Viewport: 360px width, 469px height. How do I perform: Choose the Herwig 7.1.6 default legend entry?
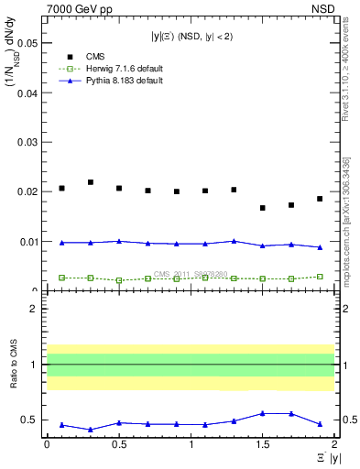tap(111, 69)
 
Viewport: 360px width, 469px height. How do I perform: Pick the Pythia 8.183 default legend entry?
tap(109, 82)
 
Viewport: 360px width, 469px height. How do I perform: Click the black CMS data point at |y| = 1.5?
tap(263, 208)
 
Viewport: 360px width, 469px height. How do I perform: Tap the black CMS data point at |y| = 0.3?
tap(91, 182)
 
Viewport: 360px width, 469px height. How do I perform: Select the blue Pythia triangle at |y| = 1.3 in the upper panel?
tap(234, 241)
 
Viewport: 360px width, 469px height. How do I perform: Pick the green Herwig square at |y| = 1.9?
tap(320, 276)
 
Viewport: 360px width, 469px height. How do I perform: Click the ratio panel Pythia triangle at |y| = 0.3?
tap(91, 430)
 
